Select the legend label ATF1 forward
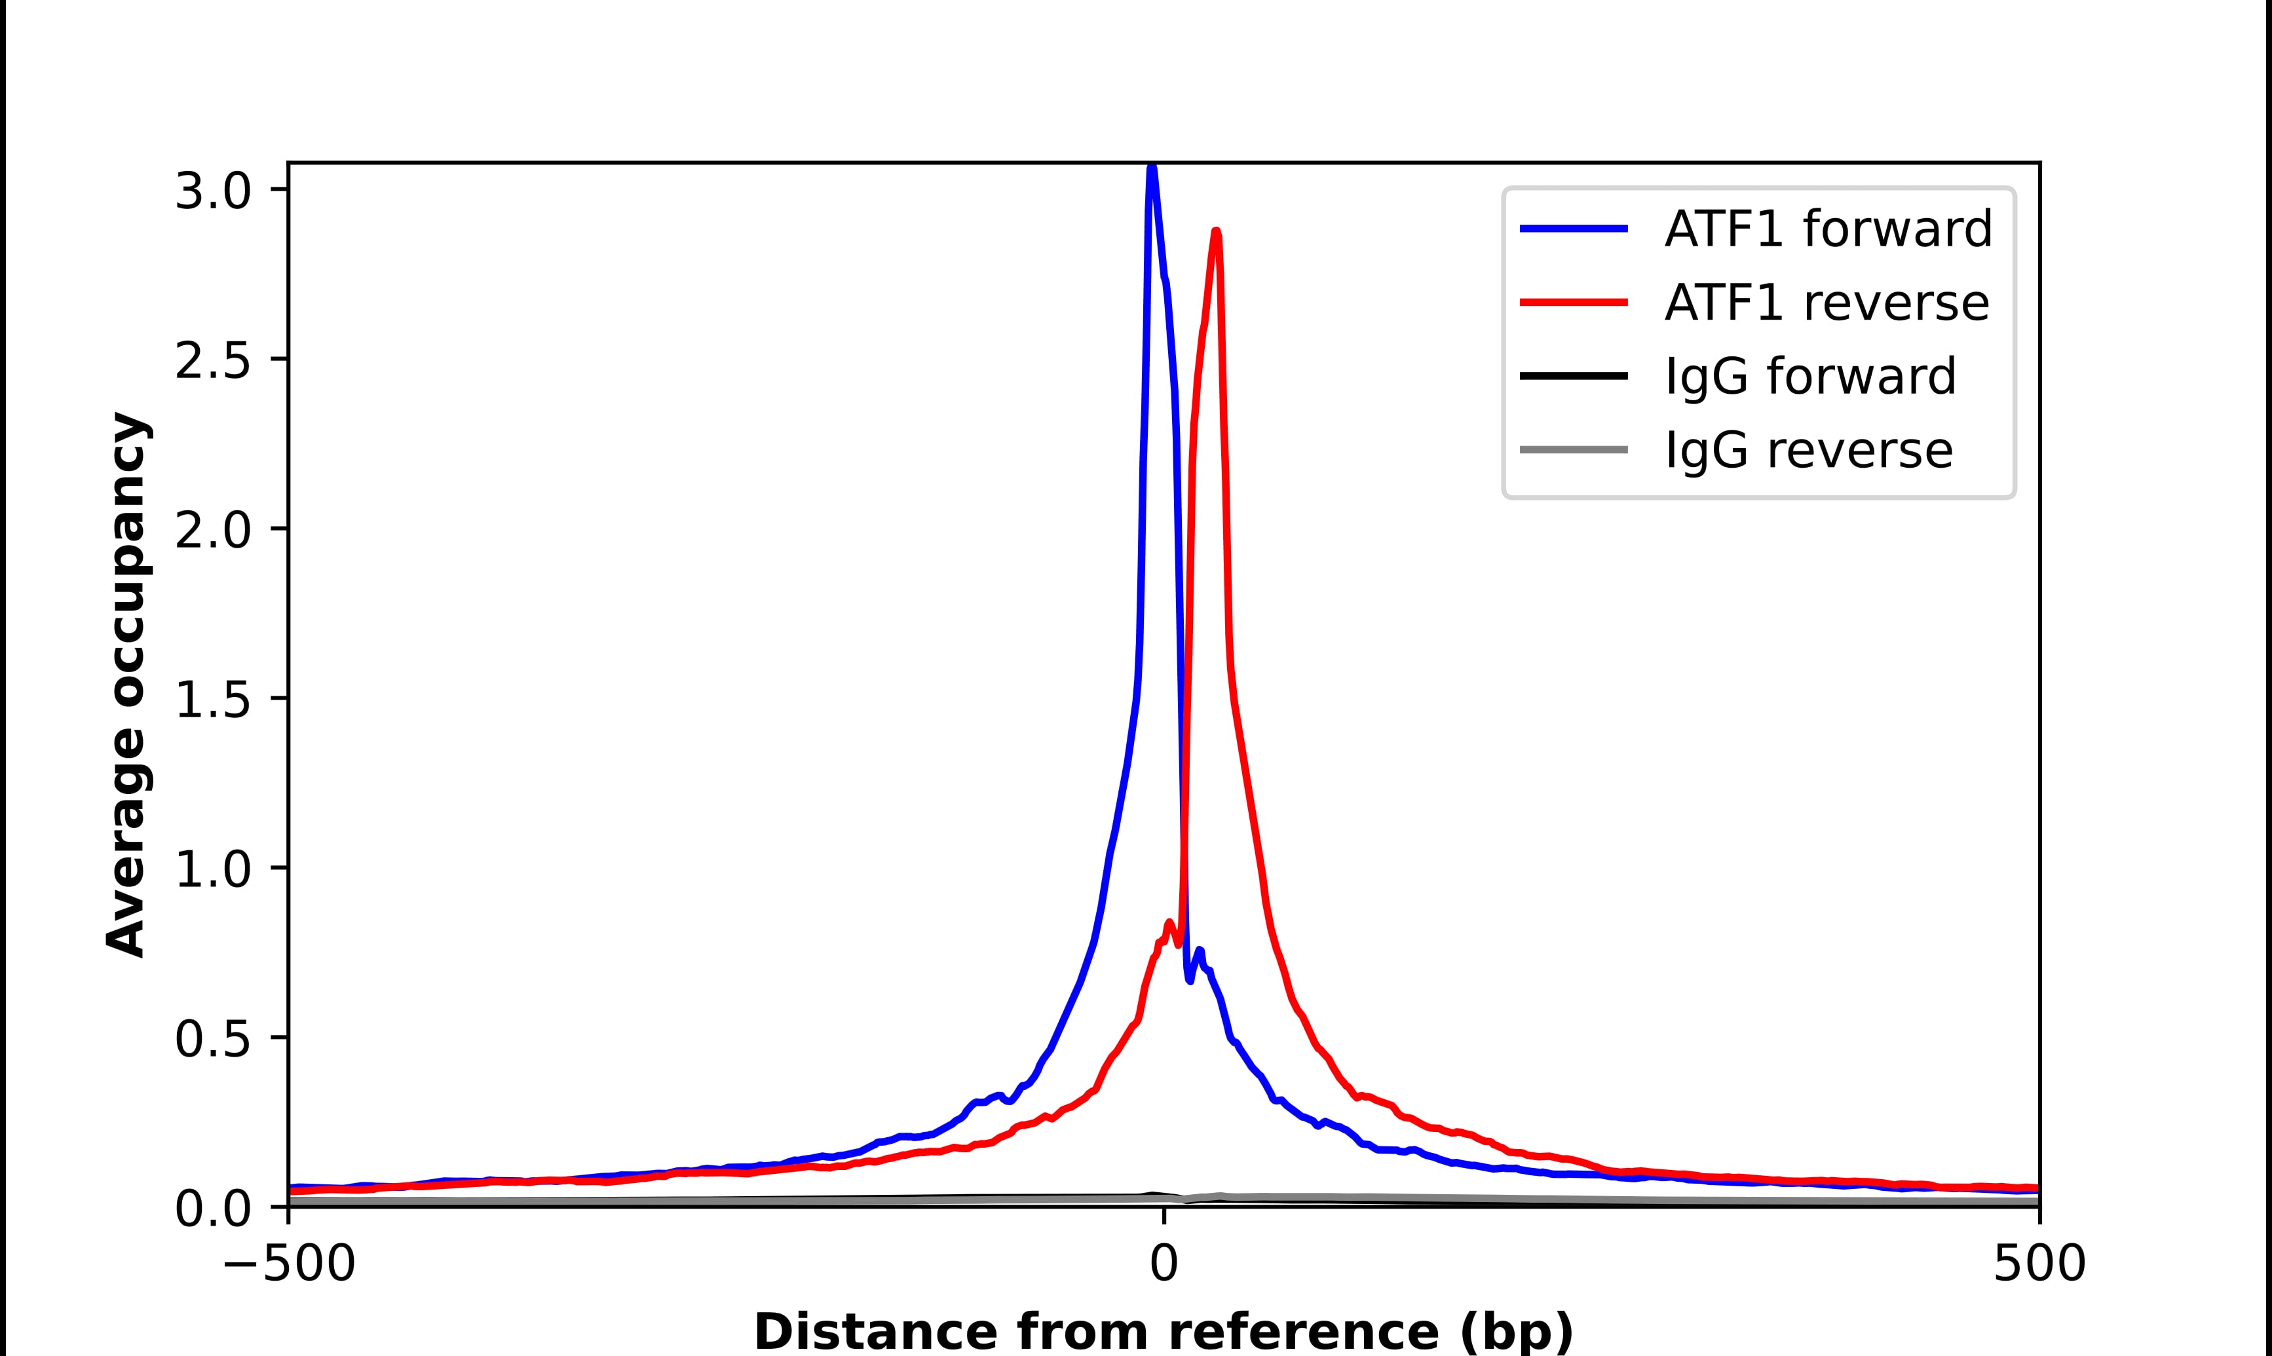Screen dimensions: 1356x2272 [1828, 229]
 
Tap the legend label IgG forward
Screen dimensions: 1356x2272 [1809, 377]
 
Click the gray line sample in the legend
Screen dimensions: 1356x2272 [1573, 449]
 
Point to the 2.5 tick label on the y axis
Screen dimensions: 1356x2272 [212, 361]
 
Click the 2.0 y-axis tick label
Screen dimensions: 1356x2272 [212, 530]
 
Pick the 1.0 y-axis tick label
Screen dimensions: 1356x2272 [212, 869]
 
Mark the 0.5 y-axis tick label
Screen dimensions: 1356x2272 [212, 1039]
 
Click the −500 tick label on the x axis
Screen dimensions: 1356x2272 [289, 1265]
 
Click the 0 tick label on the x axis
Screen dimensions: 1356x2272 [1163, 1265]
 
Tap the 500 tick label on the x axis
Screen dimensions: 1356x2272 [2039, 1265]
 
